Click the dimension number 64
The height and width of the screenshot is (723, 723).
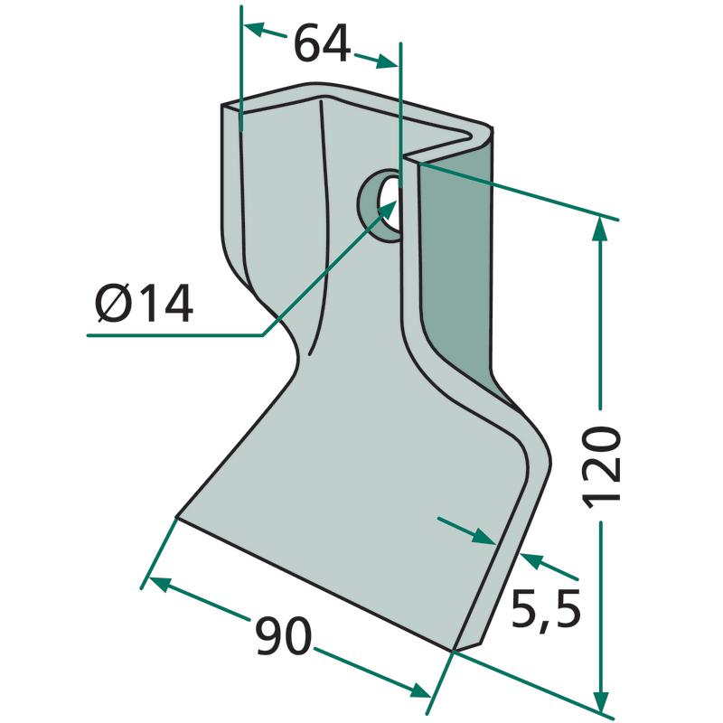tap(323, 43)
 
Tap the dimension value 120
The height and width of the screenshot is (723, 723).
tap(602, 467)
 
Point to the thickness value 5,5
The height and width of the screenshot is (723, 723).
tap(546, 611)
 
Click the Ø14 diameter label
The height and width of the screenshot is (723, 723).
tap(144, 303)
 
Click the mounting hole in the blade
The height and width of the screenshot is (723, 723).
tap(381, 206)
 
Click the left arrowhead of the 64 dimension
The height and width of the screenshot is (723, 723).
tap(254, 29)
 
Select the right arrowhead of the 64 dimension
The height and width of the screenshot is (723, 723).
tap(387, 61)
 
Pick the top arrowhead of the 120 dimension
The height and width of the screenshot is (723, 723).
tap(599, 229)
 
